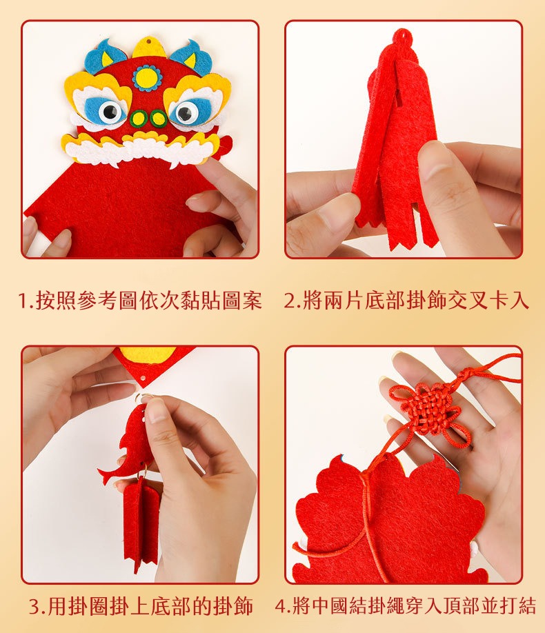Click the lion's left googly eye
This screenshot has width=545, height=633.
110,112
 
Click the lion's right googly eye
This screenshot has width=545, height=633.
186,112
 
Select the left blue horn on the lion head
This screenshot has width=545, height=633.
104,57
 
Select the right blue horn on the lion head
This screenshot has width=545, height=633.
193,57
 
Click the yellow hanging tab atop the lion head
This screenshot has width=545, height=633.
150,47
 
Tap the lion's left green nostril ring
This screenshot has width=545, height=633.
139,119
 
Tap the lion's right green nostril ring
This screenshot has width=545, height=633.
159,119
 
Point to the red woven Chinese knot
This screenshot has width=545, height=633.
430,412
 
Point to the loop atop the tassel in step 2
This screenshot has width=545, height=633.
402,37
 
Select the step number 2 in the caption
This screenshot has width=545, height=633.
290,301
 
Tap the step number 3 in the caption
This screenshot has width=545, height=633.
34,606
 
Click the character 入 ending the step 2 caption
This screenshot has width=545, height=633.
519,301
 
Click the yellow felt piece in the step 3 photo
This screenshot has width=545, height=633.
148,354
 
